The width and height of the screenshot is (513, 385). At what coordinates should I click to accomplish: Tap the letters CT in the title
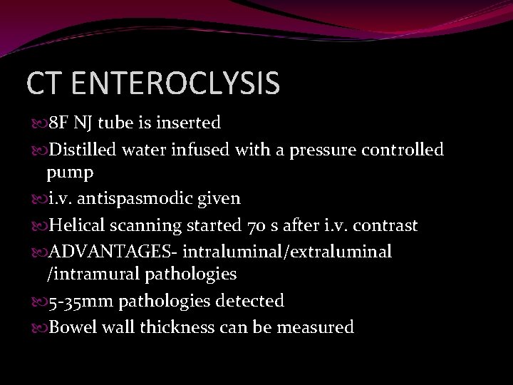[x=48, y=83]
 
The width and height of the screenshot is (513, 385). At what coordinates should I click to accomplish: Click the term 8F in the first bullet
[x=58, y=123]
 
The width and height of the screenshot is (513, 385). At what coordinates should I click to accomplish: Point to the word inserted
[x=189, y=123]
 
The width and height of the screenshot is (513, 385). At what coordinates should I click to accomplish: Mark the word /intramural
[x=95, y=274]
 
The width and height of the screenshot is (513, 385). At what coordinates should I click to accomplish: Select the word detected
[x=249, y=301]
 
